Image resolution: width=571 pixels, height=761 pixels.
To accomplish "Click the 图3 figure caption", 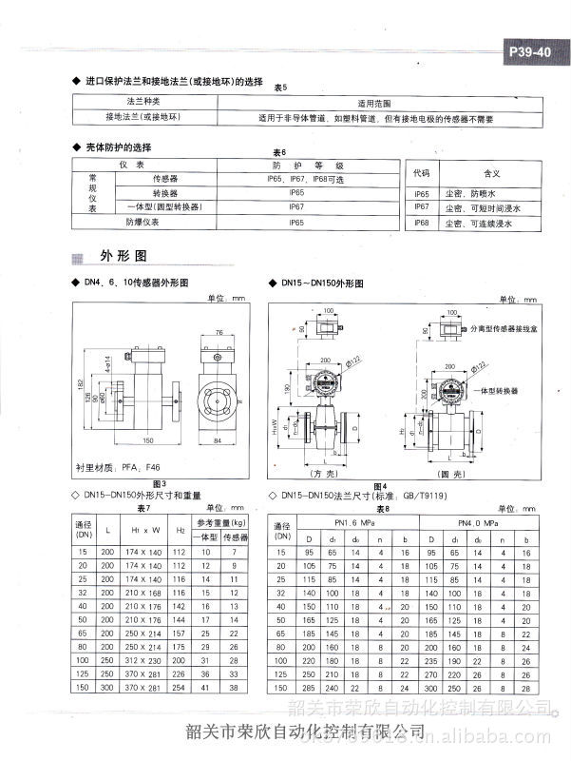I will tap(159, 485).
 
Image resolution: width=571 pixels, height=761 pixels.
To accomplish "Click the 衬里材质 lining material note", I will tap(111, 467).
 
